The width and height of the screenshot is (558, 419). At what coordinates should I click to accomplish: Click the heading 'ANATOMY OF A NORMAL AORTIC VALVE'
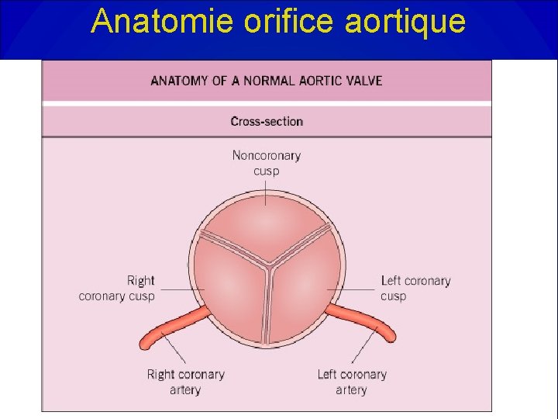click(267, 81)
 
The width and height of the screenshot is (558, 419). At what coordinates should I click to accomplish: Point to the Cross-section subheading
click(267, 121)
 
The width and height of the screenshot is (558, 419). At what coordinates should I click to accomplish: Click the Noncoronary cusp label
click(267, 163)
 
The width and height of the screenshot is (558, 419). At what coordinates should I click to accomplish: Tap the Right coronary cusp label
click(117, 288)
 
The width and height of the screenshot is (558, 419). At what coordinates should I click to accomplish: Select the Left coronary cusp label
click(415, 288)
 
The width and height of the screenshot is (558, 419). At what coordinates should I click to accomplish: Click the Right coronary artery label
click(185, 382)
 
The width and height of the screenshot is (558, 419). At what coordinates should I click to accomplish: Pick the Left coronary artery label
click(351, 382)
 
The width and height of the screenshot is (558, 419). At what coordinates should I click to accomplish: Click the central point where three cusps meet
click(267, 264)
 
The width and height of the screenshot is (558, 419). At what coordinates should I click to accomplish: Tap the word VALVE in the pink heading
click(364, 81)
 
